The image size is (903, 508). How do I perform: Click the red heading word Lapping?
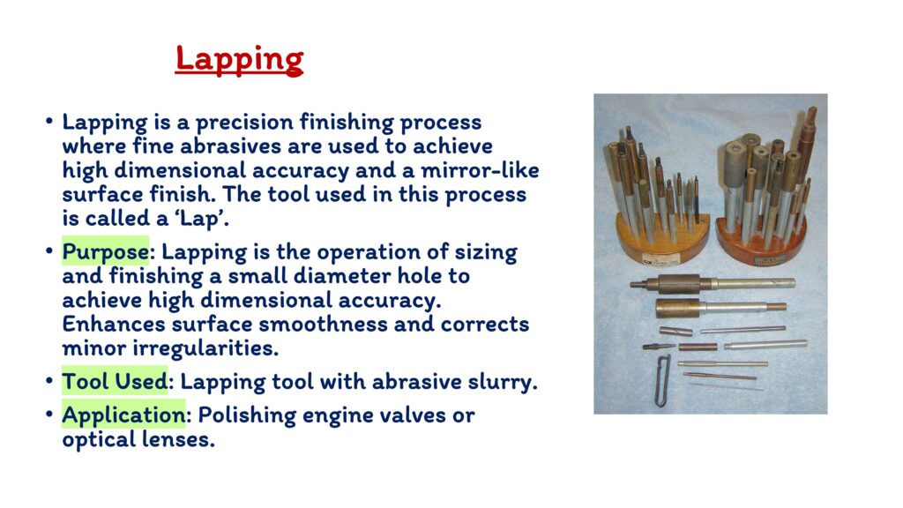pyautogui.click(x=239, y=60)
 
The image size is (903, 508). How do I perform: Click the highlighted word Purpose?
pyautogui.click(x=106, y=251)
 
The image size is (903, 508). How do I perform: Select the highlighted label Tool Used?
pyautogui.click(x=115, y=381)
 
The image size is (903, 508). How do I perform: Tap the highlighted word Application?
pyautogui.click(x=123, y=415)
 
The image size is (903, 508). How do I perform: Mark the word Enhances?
pyautogui.click(x=114, y=325)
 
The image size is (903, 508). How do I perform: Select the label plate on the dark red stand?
pyautogui.click(x=770, y=259)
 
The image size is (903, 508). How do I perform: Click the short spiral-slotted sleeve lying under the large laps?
pyautogui.click(x=675, y=332)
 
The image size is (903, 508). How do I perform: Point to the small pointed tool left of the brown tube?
pyautogui.click(x=659, y=347)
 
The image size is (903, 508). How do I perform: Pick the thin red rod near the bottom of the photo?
pyautogui.click(x=720, y=376)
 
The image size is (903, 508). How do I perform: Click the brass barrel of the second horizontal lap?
pyautogui.click(x=678, y=308)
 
